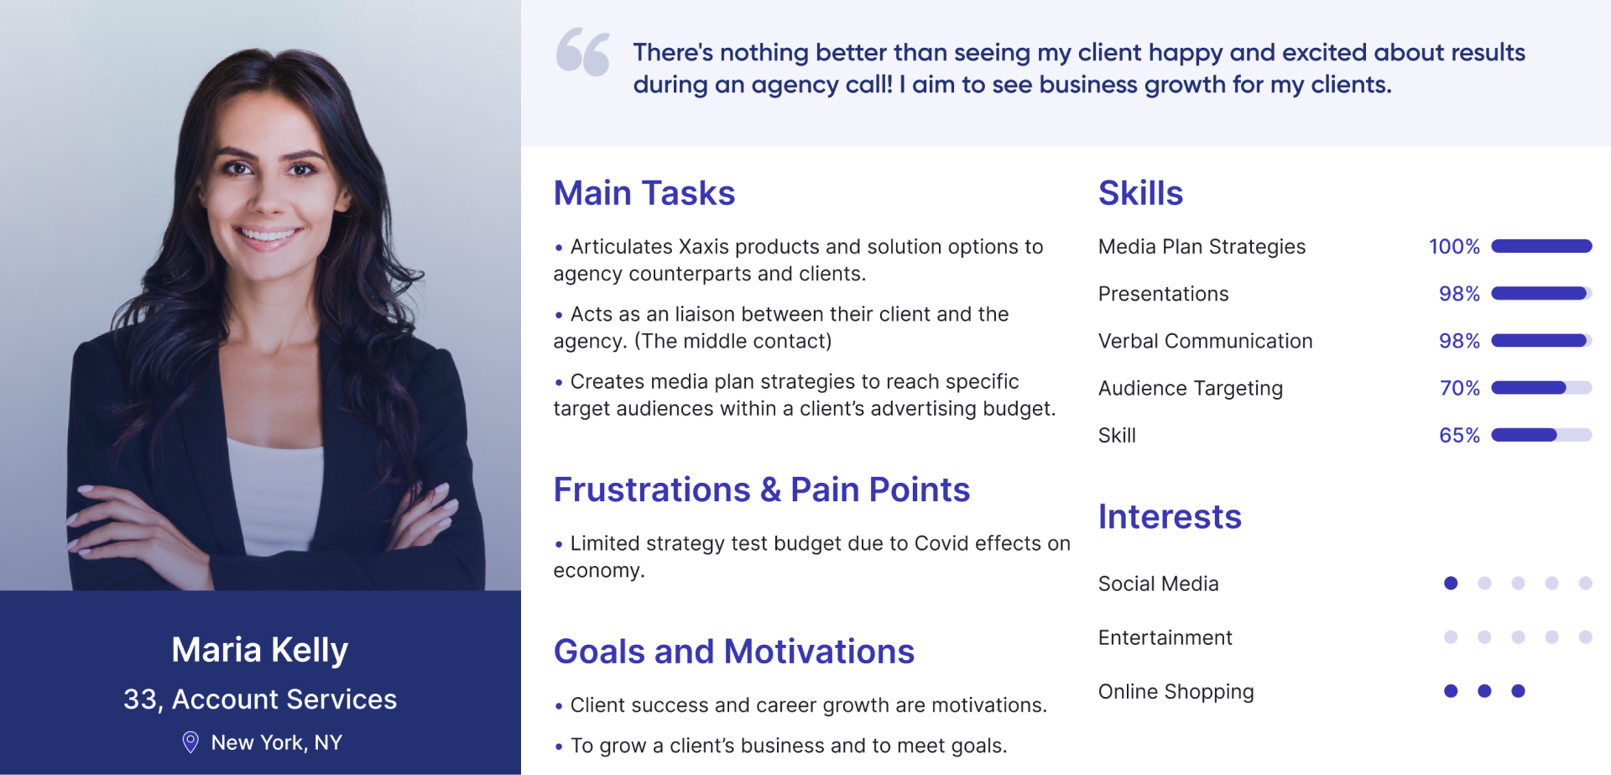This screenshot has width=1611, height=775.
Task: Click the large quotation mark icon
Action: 582,52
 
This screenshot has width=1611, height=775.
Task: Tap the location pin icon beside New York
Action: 190,742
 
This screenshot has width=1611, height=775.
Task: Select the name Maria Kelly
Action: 260,651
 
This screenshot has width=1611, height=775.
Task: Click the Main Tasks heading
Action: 644,193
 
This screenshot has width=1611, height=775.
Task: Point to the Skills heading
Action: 1140,193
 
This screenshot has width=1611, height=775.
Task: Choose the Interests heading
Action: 1170,516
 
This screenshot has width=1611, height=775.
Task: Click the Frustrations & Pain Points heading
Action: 762,490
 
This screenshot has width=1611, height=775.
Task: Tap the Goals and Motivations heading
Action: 734,652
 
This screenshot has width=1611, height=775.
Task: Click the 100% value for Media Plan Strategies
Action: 1454,247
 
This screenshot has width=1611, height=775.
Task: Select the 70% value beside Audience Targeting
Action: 1460,388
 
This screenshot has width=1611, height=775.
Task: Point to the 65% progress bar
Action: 1541,435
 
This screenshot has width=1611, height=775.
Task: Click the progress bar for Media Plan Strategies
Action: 1541,246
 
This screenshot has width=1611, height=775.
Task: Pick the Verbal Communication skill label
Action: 1206,341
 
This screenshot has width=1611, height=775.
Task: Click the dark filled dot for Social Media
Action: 1451,583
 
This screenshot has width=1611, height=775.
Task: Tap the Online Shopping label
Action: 1176,692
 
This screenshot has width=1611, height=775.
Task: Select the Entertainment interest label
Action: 1165,637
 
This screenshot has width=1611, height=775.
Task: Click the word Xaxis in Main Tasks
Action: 707,247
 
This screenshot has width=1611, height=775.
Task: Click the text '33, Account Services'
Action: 260,699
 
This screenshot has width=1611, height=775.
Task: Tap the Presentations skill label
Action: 1163,294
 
